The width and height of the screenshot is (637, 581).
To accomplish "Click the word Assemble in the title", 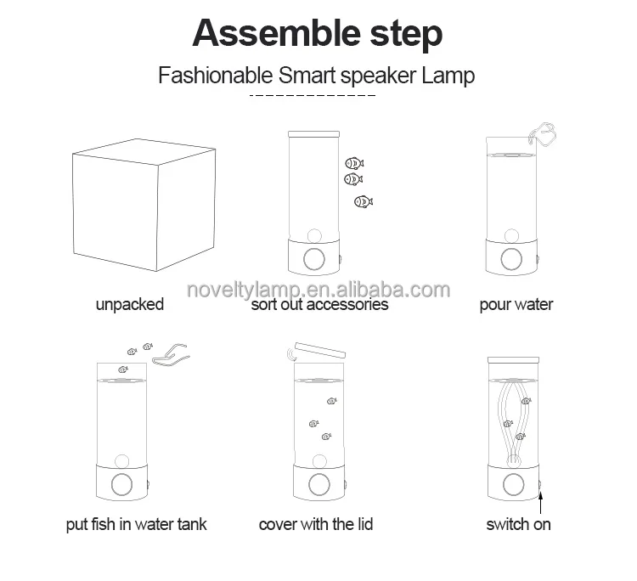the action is pyautogui.click(x=276, y=33).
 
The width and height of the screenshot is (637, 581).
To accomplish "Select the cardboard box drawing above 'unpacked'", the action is pyautogui.click(x=144, y=205).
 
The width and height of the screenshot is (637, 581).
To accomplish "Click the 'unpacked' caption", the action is pyautogui.click(x=130, y=305).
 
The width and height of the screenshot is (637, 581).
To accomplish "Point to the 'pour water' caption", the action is pyautogui.click(x=516, y=305).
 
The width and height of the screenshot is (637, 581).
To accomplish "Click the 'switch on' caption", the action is pyautogui.click(x=518, y=524).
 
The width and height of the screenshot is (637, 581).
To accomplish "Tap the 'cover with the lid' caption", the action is pyautogui.click(x=316, y=524).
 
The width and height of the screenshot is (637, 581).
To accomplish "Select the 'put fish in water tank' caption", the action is pyautogui.click(x=137, y=524).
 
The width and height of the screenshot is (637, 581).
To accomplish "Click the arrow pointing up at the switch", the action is pyautogui.click(x=540, y=502).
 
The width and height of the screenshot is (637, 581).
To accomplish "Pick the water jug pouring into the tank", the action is pyautogui.click(x=543, y=133).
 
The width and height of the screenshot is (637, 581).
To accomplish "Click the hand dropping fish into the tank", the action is pyautogui.click(x=171, y=354).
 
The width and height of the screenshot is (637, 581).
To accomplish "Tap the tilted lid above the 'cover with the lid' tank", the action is pyautogui.click(x=320, y=350).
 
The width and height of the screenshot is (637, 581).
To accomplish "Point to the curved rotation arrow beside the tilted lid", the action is pyautogui.click(x=290, y=354).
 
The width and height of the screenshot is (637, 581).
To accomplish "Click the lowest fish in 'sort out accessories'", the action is pyautogui.click(x=364, y=201).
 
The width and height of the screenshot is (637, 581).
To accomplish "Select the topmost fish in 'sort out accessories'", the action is pyautogui.click(x=354, y=163).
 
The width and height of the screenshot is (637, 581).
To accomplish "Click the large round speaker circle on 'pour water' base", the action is pyautogui.click(x=511, y=259).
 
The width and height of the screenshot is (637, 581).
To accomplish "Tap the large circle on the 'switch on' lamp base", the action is pyautogui.click(x=514, y=485).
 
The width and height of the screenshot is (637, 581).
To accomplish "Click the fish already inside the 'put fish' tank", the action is pyautogui.click(x=123, y=369).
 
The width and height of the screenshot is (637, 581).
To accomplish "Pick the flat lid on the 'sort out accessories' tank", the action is pyautogui.click(x=313, y=134).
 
